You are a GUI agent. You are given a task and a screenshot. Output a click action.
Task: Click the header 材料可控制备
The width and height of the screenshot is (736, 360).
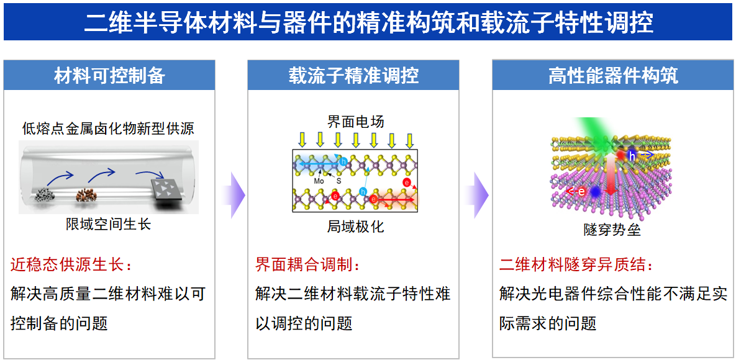109,76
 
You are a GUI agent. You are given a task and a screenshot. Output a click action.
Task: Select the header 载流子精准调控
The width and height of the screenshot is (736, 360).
353,76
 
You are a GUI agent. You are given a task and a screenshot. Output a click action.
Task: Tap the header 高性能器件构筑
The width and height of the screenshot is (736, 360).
614,76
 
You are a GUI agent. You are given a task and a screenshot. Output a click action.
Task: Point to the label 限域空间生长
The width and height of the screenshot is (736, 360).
109,224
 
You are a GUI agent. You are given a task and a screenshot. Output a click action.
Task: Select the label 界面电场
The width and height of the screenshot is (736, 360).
355,122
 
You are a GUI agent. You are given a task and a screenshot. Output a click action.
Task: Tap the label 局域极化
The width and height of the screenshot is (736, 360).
355,227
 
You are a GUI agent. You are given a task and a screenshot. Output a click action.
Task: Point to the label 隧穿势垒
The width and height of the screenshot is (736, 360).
612,230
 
